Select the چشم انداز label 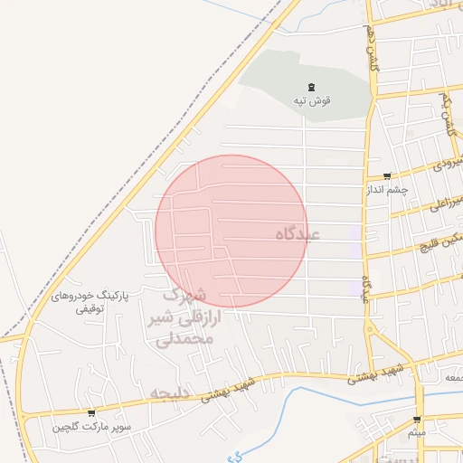click(x=386, y=190)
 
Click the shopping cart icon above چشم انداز click(x=387, y=176)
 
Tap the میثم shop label click(x=417, y=432)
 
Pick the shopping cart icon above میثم click(x=417, y=420)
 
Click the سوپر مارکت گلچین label click(x=91, y=425)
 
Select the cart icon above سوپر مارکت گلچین click(x=90, y=412)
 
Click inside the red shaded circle click(x=231, y=231)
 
